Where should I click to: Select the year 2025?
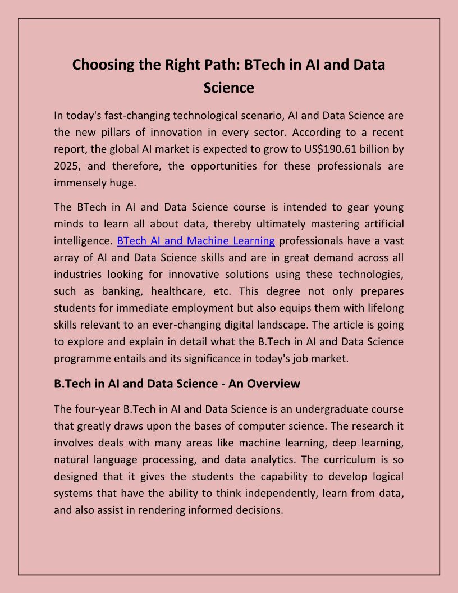click(x=67, y=166)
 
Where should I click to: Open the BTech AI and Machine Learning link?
click(x=196, y=241)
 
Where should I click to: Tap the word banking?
click(x=120, y=291)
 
